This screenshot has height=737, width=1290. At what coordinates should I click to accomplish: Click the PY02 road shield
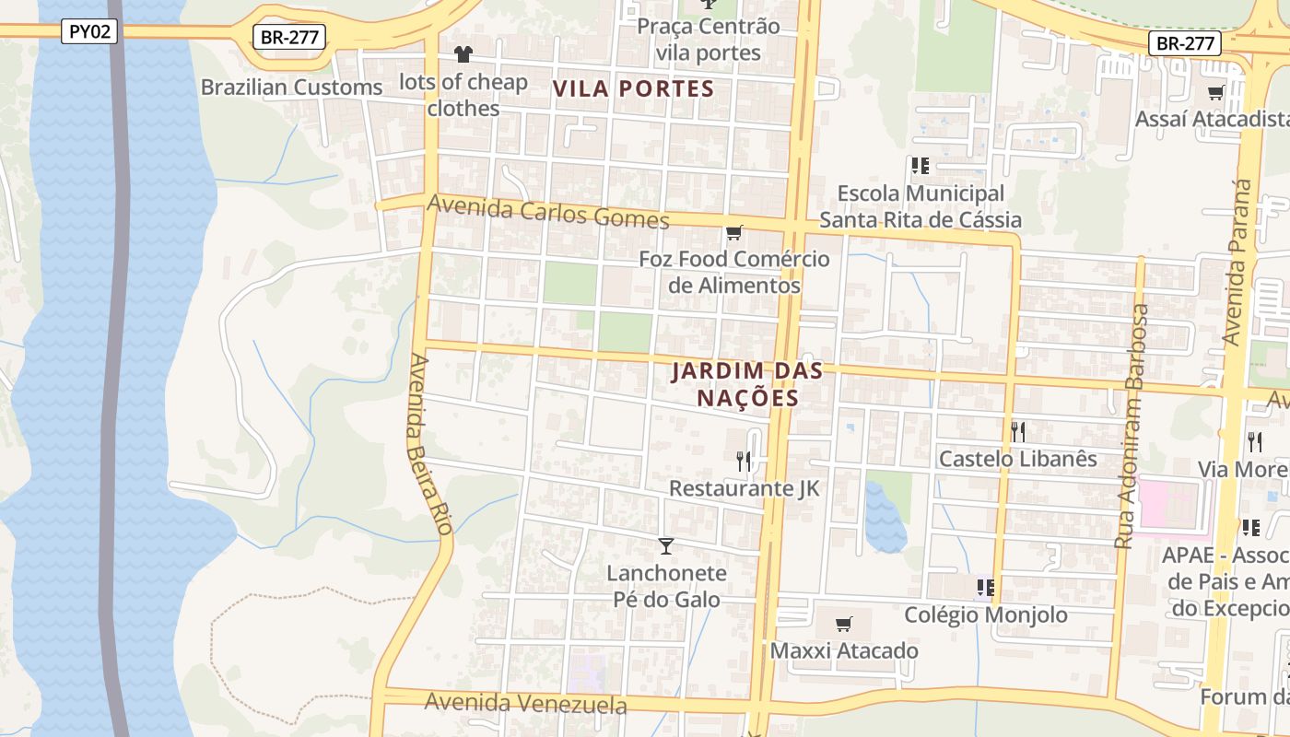point(90,31)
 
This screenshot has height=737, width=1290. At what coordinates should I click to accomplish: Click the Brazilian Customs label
point(291,88)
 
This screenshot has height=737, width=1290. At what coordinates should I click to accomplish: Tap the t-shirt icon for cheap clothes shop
point(463,54)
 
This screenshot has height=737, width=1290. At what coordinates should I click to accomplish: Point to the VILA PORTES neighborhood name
point(633,88)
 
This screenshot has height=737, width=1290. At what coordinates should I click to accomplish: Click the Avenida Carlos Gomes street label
point(548,212)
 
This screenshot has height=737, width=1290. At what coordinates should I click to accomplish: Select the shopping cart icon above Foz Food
point(734,233)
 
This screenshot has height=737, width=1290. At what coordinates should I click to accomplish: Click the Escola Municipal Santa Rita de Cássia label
point(920,206)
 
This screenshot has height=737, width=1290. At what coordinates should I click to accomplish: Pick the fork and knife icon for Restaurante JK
point(744,461)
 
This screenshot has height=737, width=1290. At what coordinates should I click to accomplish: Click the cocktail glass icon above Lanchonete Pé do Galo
point(666,546)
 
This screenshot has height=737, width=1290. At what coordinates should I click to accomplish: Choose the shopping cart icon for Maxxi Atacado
point(843,625)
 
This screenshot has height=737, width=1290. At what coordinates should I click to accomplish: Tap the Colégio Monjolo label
point(986,614)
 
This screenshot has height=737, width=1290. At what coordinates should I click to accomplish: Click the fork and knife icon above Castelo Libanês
point(1018,431)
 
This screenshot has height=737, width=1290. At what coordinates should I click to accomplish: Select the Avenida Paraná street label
point(1237,263)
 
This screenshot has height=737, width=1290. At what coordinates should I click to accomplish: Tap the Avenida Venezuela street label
point(525,704)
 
